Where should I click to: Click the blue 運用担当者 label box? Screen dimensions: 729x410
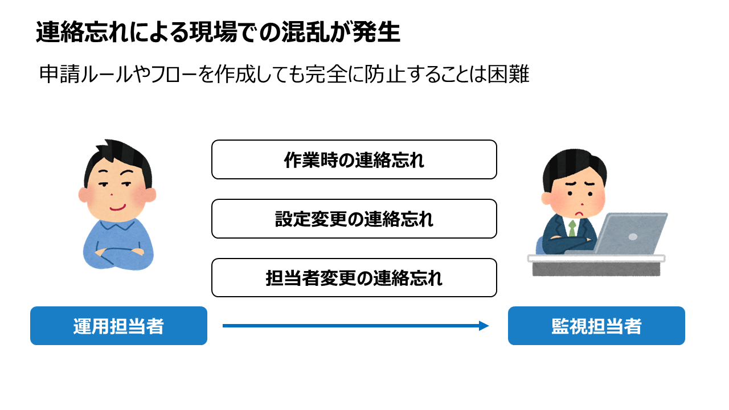(x=119, y=326)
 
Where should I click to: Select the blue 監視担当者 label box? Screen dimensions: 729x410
(x=596, y=326)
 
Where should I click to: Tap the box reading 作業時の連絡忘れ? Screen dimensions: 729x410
(x=354, y=159)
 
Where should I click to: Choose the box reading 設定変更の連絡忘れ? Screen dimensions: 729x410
(x=354, y=219)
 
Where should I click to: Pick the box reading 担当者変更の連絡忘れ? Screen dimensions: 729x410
(x=354, y=277)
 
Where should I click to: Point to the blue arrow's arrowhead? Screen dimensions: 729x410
(x=484, y=326)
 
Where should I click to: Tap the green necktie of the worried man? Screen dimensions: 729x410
(x=572, y=228)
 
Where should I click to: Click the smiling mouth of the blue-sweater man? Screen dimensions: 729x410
(x=117, y=208)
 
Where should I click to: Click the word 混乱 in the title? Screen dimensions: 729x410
(x=305, y=32)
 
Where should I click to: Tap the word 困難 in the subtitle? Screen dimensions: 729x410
(x=509, y=74)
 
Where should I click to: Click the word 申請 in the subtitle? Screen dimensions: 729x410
(x=60, y=74)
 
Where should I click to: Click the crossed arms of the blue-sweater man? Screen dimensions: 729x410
(x=120, y=253)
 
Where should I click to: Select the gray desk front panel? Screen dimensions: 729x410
(x=596, y=269)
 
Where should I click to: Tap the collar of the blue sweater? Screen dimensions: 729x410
(x=117, y=224)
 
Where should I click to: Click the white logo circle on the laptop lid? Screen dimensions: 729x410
(x=633, y=237)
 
